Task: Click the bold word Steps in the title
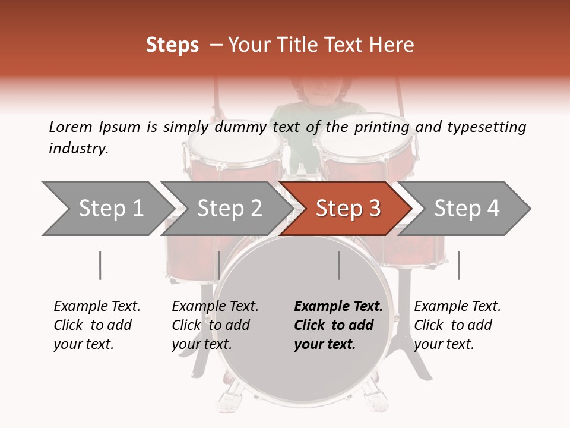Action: click(172, 45)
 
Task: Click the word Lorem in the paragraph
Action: click(70, 127)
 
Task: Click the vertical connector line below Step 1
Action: click(100, 265)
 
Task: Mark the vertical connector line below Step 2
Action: click(219, 265)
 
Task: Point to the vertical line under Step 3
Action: click(338, 265)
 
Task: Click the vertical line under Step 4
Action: click(458, 265)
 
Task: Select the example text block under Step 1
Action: click(97, 325)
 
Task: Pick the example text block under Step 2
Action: click(215, 325)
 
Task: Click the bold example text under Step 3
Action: click(338, 325)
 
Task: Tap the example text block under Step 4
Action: click(457, 325)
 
